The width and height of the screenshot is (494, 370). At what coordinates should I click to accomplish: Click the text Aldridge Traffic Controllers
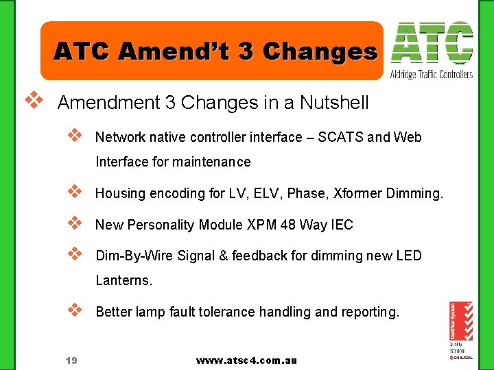[x=431, y=74]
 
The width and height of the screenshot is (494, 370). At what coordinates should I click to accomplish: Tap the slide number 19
[x=71, y=360]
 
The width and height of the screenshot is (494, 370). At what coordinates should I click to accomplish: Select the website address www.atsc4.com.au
[x=246, y=360]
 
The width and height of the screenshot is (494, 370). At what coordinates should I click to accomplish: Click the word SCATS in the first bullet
[x=340, y=137]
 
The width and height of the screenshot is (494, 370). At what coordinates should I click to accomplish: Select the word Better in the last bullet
[x=113, y=312]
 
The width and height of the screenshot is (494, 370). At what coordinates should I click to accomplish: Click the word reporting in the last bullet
[x=370, y=312]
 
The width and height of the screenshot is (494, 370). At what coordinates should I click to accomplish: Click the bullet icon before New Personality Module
[x=75, y=223]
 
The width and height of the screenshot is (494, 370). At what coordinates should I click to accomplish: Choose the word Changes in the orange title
[x=320, y=51]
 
